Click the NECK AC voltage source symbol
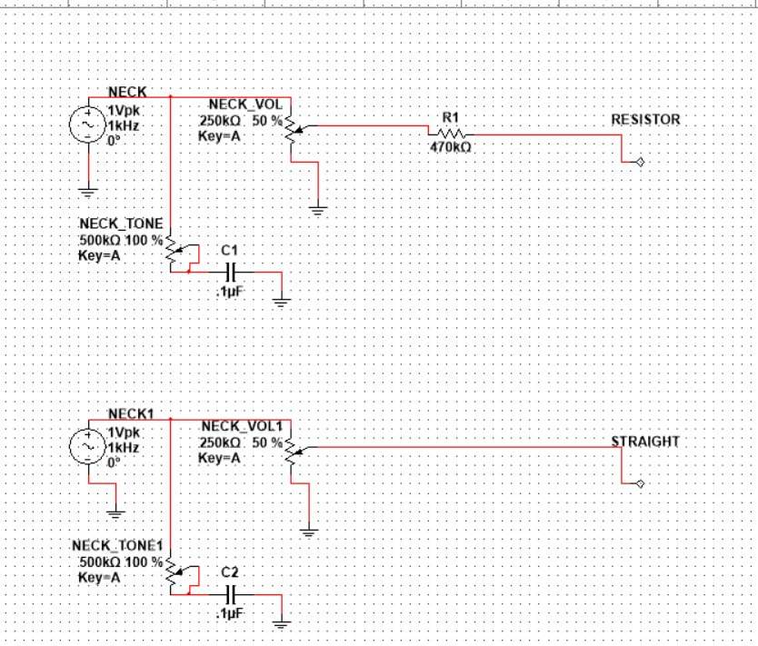click(x=88, y=124)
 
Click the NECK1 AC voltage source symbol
click(x=88, y=446)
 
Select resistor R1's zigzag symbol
click(x=449, y=134)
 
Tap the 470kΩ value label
click(x=450, y=147)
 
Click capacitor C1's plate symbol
click(x=231, y=272)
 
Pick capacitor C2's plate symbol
click(x=231, y=594)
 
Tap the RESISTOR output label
click(x=645, y=120)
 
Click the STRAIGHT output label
click(x=645, y=442)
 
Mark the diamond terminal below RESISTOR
click(x=640, y=162)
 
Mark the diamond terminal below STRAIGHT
click(x=640, y=483)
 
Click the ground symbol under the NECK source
click(x=88, y=193)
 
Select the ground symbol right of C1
click(x=282, y=303)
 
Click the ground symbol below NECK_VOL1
click(x=308, y=533)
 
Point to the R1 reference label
click(x=450, y=117)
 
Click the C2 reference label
click(x=230, y=572)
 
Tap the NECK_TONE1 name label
click(x=117, y=546)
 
